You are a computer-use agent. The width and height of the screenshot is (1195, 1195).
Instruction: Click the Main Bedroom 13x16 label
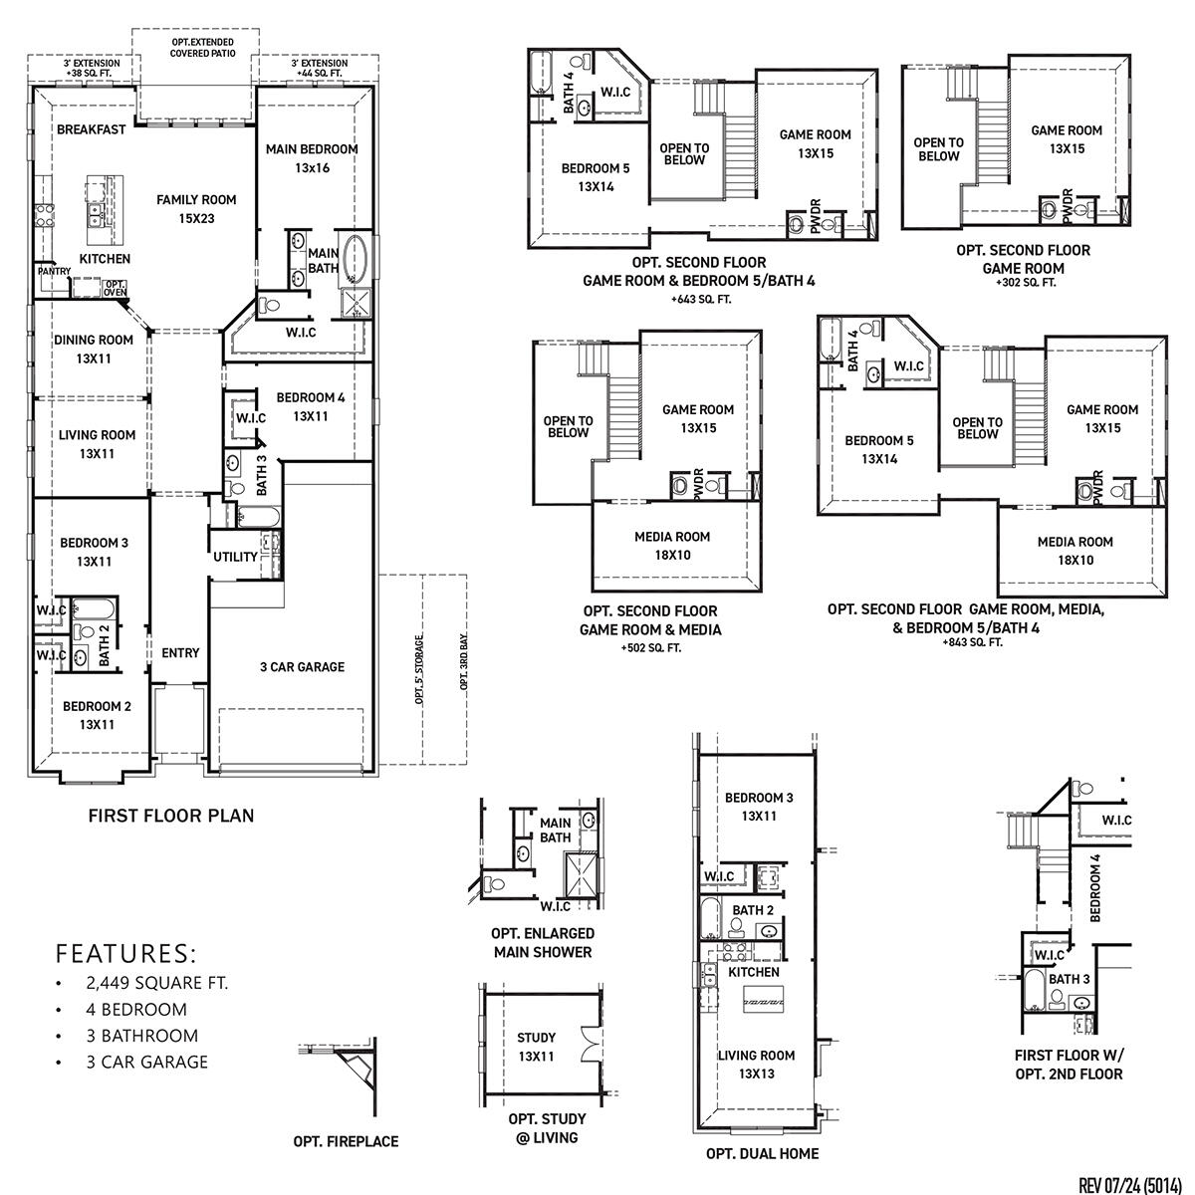point(312,158)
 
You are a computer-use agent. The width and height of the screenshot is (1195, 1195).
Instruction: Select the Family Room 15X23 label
point(196,209)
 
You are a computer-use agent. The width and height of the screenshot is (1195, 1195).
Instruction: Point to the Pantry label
point(53,271)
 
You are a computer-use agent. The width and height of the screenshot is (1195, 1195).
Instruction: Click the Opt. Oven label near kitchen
point(116,289)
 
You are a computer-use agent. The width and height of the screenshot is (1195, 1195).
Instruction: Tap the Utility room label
point(235,557)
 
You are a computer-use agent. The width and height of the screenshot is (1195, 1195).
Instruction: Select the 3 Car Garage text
point(302,667)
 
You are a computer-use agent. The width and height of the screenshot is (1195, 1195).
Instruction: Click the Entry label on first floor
point(180,653)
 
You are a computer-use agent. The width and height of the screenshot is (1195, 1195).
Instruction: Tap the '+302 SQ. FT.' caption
point(1025,283)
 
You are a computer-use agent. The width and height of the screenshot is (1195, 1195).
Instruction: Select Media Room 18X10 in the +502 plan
point(672,546)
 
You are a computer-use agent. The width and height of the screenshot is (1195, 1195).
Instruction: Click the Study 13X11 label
point(536,1047)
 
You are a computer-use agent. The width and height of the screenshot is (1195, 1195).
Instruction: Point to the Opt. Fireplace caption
point(346,1141)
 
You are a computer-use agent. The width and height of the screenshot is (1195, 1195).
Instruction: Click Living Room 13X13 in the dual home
point(756,1065)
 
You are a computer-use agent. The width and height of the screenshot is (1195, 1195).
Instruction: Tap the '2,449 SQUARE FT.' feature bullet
point(156,983)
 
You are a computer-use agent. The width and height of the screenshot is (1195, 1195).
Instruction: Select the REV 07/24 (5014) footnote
point(1130,1184)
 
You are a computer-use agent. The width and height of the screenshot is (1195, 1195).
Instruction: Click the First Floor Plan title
point(171,816)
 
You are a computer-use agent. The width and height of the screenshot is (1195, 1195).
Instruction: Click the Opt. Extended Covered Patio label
point(202,48)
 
